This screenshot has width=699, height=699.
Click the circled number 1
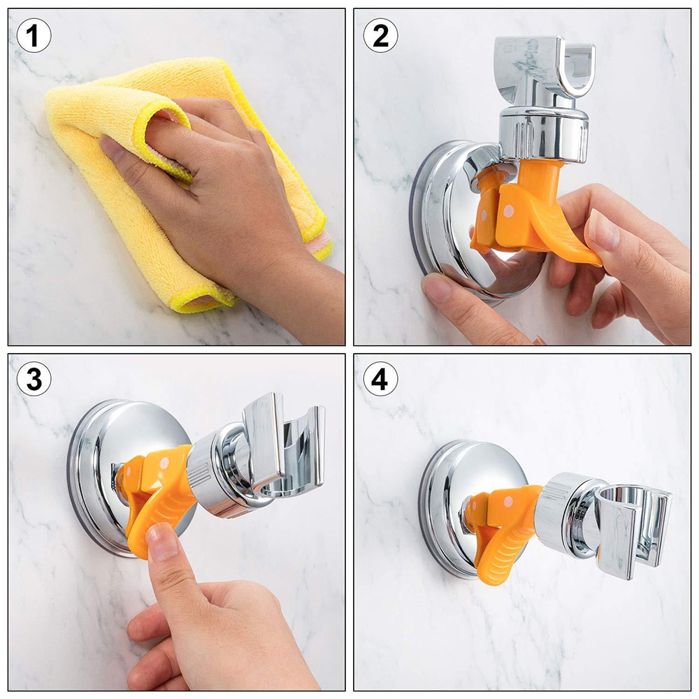34,35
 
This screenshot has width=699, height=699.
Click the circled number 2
380,35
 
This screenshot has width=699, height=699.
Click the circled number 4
380,380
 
